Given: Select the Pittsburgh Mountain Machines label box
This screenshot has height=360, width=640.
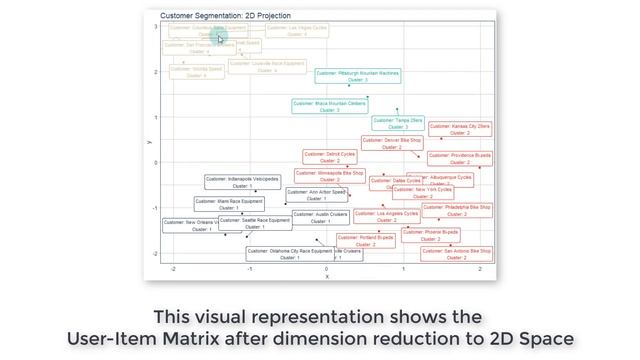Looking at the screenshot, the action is pyautogui.click(x=358, y=76).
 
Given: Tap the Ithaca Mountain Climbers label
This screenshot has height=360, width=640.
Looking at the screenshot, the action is pyautogui.click(x=330, y=106).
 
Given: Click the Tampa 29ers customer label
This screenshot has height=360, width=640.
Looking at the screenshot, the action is pyautogui.click(x=397, y=123).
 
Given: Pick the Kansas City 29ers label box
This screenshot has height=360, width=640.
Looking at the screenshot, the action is pyautogui.click(x=460, y=129).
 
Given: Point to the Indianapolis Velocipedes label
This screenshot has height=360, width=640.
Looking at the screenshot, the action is pyautogui.click(x=243, y=182).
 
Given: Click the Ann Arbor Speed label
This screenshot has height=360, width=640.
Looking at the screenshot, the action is pyautogui.click(x=317, y=194).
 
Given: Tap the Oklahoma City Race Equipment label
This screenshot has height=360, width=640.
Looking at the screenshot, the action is pyautogui.click(x=289, y=254).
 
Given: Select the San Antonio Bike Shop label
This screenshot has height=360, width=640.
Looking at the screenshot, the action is pyautogui.click(x=456, y=254).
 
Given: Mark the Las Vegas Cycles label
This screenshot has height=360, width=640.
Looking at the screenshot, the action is pyautogui.click(x=297, y=31).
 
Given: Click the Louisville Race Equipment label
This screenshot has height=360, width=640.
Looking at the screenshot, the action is pyautogui.click(x=267, y=66).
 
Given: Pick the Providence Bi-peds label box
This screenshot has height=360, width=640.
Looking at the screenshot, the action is pyautogui.click(x=460, y=158).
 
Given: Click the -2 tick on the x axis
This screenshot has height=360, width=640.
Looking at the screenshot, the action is pyautogui.click(x=173, y=270).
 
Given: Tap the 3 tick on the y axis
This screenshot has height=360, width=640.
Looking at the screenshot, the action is pyautogui.click(x=155, y=27).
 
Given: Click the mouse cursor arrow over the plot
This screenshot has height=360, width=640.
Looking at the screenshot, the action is pyautogui.click(x=219, y=37).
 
